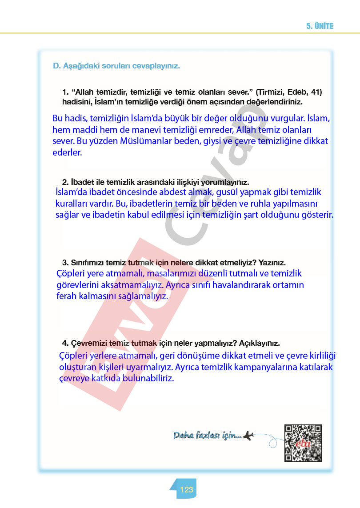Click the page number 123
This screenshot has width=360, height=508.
tap(187, 490)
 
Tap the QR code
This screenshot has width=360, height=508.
tap(303, 443)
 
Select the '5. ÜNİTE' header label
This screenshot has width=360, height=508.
tap(320, 26)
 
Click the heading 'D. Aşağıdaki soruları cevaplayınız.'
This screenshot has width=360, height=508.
tap(116, 66)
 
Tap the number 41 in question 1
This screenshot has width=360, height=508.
tap(317, 92)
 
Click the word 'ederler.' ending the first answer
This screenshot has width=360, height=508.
tap(67, 152)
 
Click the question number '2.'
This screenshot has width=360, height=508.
tap(65, 182)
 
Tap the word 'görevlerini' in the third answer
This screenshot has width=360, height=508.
tap(79, 284)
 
